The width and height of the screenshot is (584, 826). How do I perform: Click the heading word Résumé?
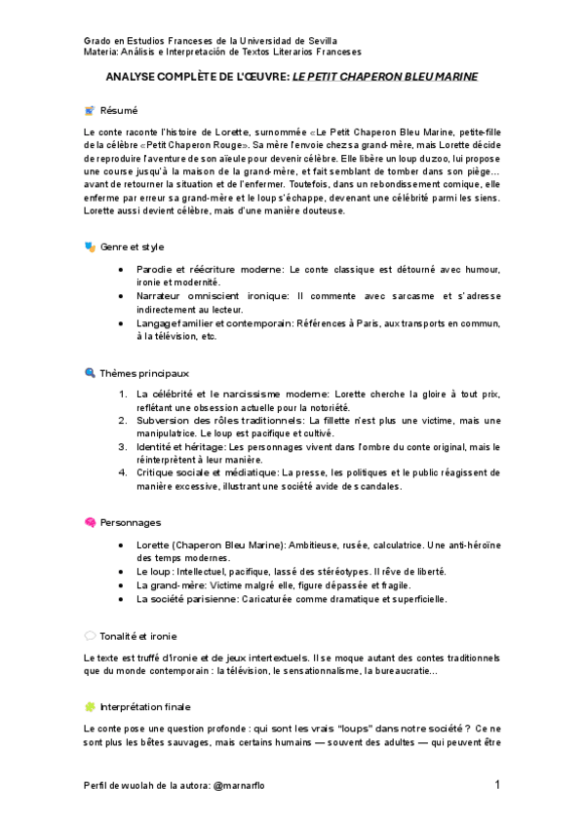[x=119, y=110]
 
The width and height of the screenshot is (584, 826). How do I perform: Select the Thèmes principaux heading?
[x=144, y=372]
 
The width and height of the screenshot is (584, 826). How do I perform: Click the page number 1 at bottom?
[x=497, y=784]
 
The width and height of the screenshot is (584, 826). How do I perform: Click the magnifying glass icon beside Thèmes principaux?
[x=90, y=372]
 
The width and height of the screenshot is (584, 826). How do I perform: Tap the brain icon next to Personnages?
[x=90, y=522]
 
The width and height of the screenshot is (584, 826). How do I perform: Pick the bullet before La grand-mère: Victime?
[x=120, y=584]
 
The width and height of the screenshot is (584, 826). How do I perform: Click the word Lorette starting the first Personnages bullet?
[x=154, y=544]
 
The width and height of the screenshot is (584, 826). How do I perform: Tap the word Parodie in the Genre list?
[x=157, y=268]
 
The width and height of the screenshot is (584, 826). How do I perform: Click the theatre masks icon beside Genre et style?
[x=90, y=246]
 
